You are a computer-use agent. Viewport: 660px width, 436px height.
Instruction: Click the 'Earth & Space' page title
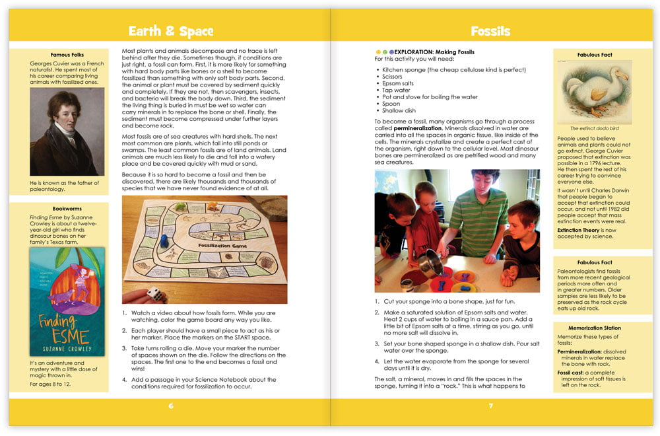[x=170, y=31]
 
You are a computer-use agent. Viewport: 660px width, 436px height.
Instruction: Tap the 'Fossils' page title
[x=490, y=31]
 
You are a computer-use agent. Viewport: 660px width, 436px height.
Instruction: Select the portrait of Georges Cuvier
[x=67, y=131]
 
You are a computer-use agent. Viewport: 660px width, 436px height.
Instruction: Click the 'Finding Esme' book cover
[x=67, y=301]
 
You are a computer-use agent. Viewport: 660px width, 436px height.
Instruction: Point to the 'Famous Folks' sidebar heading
[x=67, y=55]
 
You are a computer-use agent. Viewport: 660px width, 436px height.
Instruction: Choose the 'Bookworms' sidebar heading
[x=67, y=208]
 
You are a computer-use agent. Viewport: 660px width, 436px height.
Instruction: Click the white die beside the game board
[x=154, y=294]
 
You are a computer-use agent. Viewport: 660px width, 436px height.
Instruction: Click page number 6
[x=170, y=406]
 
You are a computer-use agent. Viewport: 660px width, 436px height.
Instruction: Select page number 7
[x=490, y=406]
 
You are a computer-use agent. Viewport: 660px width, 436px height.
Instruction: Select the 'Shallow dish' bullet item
[x=399, y=111]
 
